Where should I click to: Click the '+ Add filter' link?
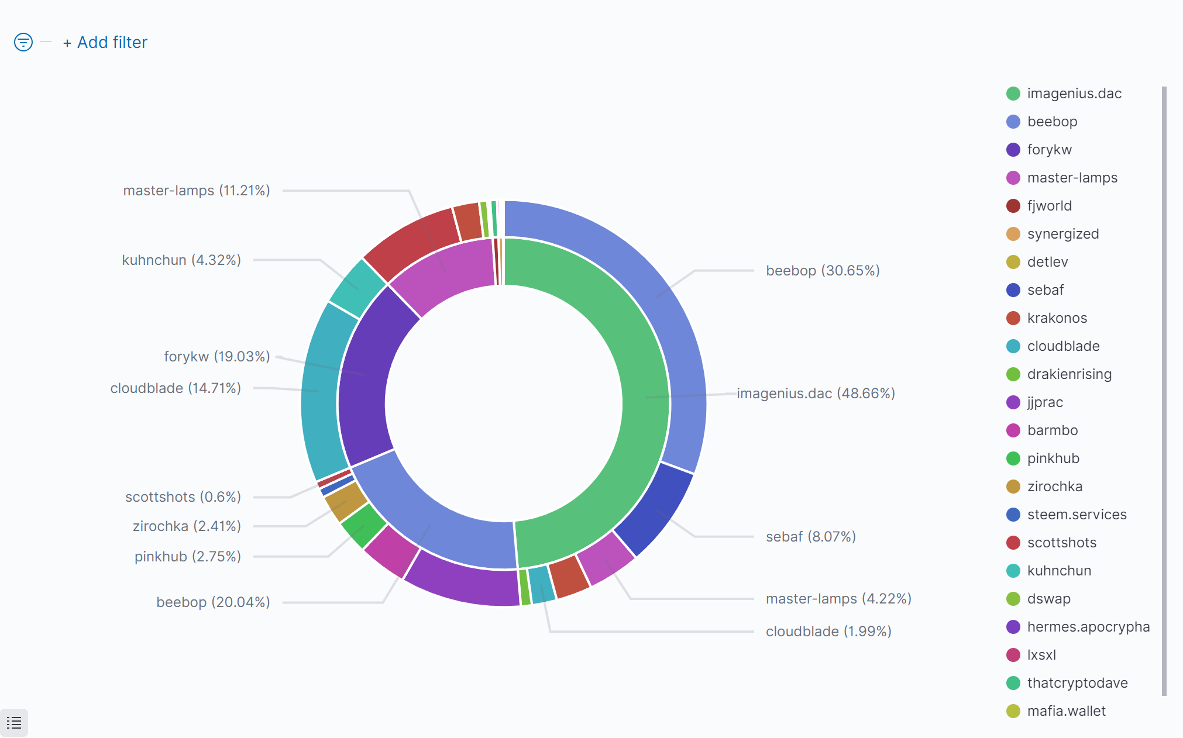105,43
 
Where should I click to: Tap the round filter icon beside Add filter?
23,42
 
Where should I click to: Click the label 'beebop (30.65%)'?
823,271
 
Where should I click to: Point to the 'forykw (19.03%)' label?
216,357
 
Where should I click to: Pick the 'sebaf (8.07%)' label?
811,537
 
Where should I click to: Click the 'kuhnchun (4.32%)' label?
181,260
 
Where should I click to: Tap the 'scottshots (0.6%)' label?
183,497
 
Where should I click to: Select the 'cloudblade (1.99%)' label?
828,632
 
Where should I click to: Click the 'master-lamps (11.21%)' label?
197,191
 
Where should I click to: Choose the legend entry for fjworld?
1049,206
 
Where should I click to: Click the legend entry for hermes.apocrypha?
1088,627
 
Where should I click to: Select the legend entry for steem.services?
1077,515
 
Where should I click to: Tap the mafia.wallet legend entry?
1066,711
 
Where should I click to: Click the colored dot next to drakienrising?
1013,374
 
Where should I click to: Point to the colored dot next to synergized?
1013,234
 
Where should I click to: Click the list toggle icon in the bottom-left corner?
14,723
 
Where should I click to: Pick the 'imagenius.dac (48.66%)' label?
816,394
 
